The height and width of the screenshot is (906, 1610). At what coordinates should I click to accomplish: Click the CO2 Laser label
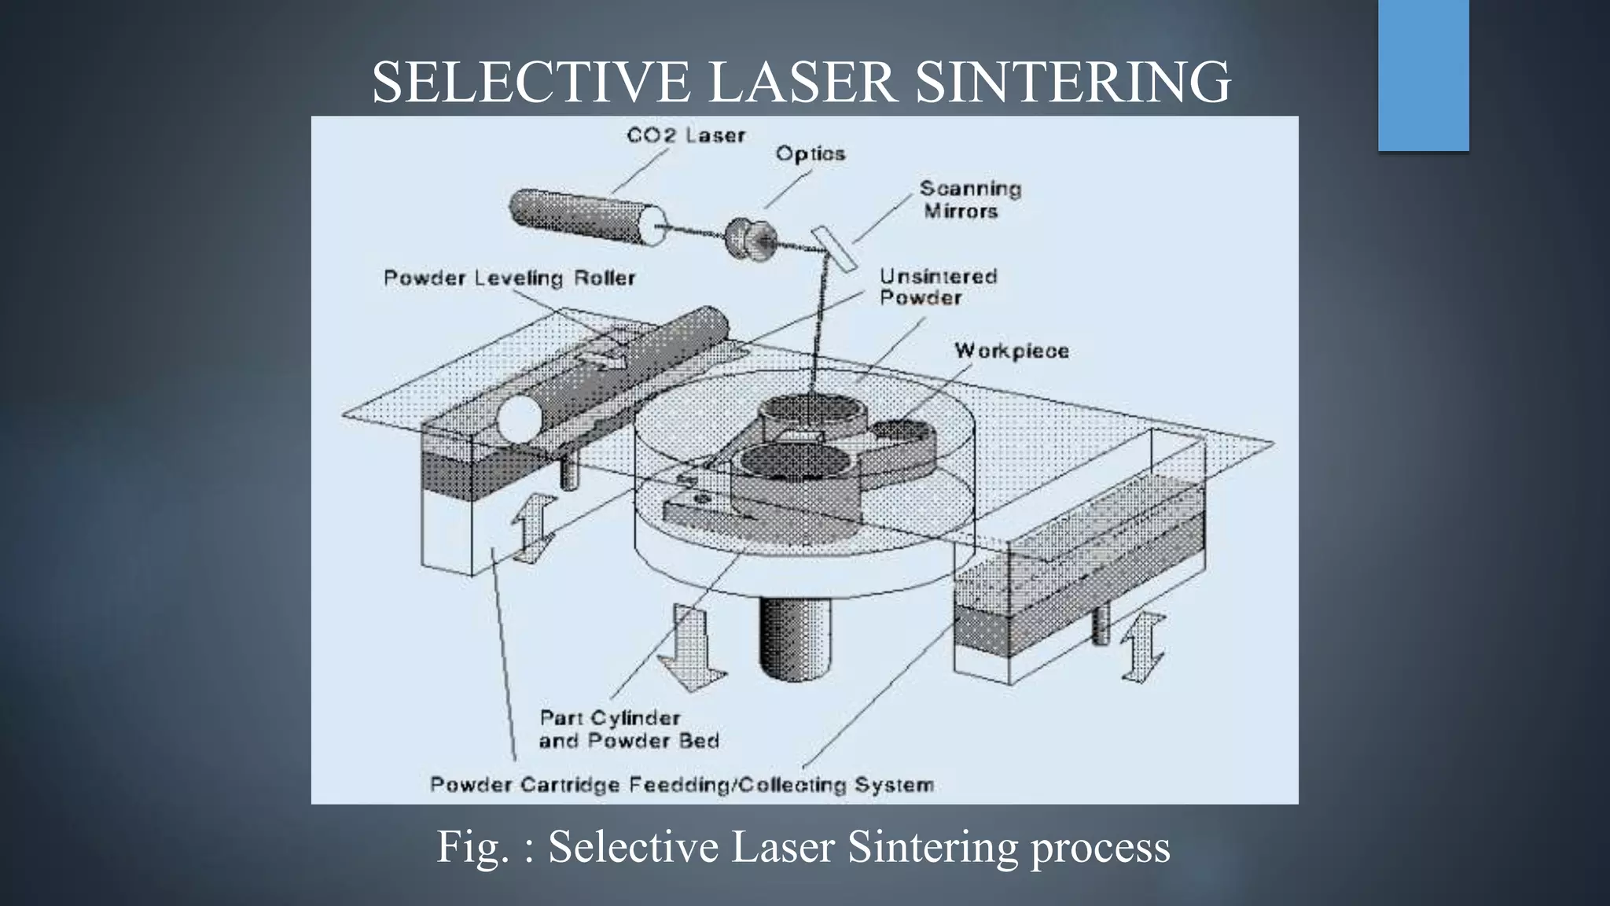coord(686,135)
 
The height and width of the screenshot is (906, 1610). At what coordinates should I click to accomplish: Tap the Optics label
coord(810,153)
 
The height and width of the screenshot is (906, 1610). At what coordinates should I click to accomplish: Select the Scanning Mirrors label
coord(969,200)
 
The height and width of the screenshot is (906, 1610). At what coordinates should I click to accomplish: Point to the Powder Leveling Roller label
coord(509,278)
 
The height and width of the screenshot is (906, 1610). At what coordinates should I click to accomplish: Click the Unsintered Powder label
coord(937,287)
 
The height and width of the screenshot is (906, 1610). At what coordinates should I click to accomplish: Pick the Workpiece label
coord(1011,351)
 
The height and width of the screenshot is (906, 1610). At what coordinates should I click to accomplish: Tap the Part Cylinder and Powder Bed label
coord(628,729)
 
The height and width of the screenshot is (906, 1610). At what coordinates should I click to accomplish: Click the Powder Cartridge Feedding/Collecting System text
coord(682,785)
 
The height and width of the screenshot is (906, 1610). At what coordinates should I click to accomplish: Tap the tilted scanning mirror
coord(833,249)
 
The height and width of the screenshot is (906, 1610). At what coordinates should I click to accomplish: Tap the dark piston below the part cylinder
coord(794,637)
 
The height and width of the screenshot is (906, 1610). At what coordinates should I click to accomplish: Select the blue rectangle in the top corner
coord(1423,75)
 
